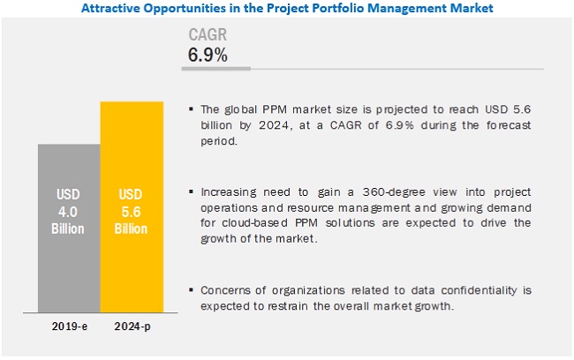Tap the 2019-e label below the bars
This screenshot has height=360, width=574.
click(68, 326)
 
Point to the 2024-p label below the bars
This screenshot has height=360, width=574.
click(132, 326)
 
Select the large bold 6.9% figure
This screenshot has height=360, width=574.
click(208, 55)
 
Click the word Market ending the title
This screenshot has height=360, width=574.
click(471, 9)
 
